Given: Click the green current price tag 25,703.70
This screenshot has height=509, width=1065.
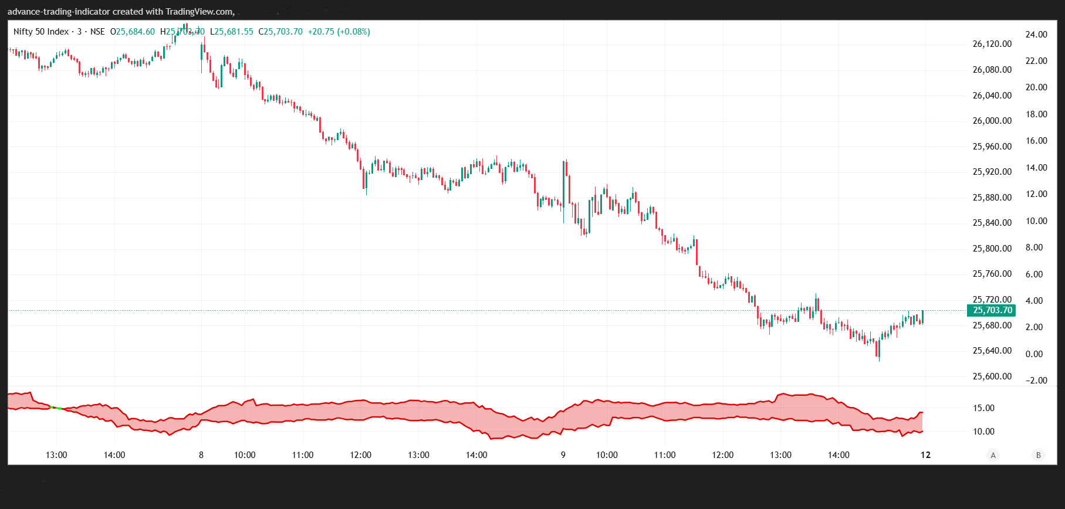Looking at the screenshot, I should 992,310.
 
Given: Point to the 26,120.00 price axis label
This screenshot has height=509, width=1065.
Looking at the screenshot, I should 992,44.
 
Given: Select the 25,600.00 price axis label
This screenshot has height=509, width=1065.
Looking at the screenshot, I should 992,376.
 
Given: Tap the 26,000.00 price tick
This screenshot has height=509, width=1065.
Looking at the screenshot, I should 992,121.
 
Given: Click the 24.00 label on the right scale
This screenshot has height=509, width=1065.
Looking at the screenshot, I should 1036,35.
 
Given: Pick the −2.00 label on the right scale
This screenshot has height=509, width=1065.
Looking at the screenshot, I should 1036,381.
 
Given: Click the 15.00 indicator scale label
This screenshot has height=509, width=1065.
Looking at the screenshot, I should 983,408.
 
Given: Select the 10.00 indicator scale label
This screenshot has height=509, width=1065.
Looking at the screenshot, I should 983,432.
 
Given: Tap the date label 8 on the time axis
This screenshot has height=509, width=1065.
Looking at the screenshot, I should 201,455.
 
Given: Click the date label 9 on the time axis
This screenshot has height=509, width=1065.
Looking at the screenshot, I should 563,455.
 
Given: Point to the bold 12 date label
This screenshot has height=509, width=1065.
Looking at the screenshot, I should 925,455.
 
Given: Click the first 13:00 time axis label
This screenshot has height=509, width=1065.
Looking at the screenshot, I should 56,455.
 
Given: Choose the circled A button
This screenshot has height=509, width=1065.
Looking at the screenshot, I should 993,455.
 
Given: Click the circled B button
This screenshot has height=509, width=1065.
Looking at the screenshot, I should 1038,455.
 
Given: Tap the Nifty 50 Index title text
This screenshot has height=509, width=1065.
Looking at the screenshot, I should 41,32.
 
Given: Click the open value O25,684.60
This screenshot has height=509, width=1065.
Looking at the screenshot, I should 133,32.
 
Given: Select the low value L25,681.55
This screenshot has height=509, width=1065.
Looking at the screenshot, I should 232,32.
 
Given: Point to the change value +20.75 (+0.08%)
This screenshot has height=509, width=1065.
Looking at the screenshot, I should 339,32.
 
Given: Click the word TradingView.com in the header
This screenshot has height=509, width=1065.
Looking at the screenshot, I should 200,12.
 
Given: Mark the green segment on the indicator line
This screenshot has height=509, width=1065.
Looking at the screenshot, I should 56,408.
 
